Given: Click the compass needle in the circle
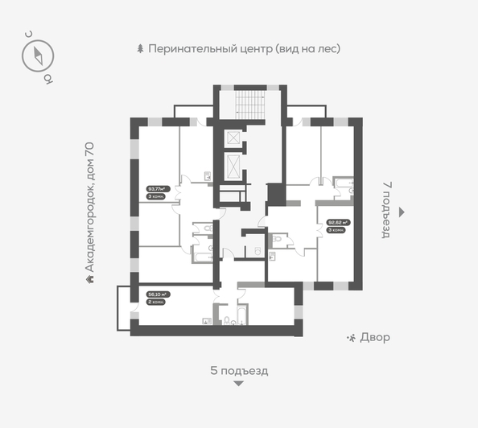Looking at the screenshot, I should pos(38,56).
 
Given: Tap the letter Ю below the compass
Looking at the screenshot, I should pos(47,79).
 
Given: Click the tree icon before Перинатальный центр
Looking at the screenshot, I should pos(140,48).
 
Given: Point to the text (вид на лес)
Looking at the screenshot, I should pos(308,48).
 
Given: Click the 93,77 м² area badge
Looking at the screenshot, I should pos(156,189).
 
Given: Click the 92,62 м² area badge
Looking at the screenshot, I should pos(336,222).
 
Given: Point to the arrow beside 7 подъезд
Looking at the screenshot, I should pos(402,211).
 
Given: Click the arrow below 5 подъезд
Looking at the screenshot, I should pos(238,385).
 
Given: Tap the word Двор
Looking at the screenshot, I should pos(377,338).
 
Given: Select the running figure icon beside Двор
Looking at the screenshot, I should pos(351,338).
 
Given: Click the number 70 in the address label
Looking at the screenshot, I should pos(90,150).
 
